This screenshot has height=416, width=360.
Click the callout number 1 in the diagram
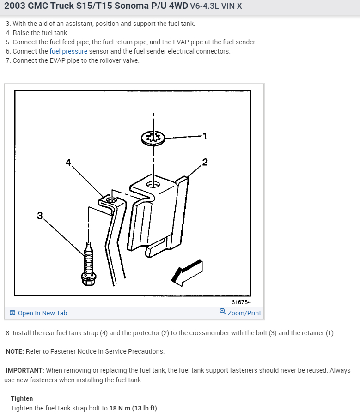pyautogui.click(x=205, y=136)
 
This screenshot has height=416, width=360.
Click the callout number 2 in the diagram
pyautogui.click(x=205, y=162)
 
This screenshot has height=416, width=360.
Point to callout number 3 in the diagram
pyautogui.click(x=40, y=215)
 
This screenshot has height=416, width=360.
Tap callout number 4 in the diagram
pyautogui.click(x=68, y=163)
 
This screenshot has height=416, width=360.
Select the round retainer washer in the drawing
pyautogui.click(x=153, y=137)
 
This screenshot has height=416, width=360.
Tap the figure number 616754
pyautogui.click(x=241, y=302)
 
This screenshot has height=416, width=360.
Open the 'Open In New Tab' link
pyautogui.click(x=42, y=313)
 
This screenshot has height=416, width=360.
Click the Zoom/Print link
pyautogui.click(x=244, y=313)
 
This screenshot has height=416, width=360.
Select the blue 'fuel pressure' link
pyautogui.click(x=68, y=51)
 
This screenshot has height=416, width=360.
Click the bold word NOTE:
pyautogui.click(x=15, y=351)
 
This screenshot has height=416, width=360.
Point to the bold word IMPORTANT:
pyautogui.click(x=25, y=370)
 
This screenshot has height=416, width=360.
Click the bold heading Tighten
pyautogui.click(x=22, y=398)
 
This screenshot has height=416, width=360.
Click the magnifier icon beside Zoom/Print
pyautogui.click(x=223, y=313)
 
